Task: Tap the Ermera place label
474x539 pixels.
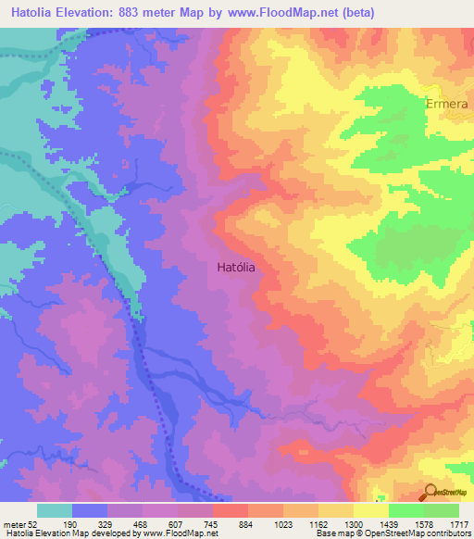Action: click(447, 104)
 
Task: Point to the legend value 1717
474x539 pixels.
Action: click(459, 525)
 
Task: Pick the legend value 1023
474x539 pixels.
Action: click(282, 525)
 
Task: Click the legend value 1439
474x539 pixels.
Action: click(388, 525)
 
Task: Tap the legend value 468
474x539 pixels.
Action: click(142, 525)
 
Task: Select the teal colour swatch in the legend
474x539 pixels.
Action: click(55, 510)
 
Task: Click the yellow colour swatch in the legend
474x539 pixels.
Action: click(370, 510)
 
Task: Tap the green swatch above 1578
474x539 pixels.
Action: click(405, 510)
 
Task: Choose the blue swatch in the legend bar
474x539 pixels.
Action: click(90, 510)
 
